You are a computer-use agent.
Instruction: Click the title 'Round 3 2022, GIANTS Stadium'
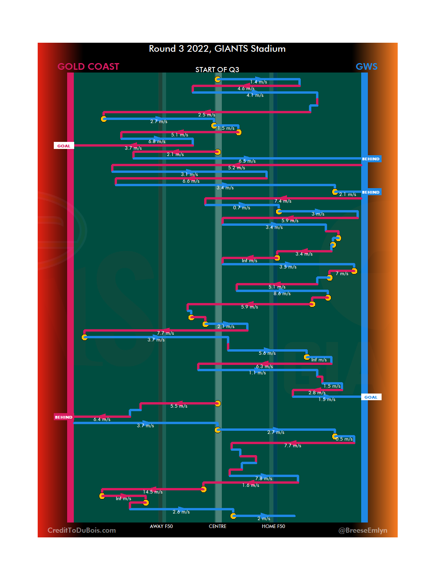tap(217, 49)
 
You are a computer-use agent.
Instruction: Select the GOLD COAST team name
tap(88, 67)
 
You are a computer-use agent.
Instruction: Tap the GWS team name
tap(366, 67)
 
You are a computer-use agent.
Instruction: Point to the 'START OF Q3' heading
tap(217, 70)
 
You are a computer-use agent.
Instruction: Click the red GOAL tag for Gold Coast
tap(64, 146)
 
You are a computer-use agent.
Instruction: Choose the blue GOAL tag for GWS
tap(371, 397)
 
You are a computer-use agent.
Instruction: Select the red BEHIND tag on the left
tap(64, 417)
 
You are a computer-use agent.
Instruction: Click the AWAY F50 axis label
tap(161, 526)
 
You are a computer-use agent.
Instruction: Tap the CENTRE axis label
tap(217, 526)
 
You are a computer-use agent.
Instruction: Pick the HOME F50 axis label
tap(273, 526)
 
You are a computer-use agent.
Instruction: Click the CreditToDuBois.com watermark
tap(82, 530)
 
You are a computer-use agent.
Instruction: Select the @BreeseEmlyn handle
tap(363, 530)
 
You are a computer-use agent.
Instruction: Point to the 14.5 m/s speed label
tap(153, 492)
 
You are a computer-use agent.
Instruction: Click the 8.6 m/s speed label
tap(282, 294)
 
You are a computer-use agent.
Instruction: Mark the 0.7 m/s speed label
tap(241, 208)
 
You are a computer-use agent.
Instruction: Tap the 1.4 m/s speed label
tap(258, 82)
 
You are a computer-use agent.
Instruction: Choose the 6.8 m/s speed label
tap(157, 142)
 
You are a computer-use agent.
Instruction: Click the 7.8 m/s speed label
tap(263, 479)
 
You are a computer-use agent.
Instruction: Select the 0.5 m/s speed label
tap(344, 439)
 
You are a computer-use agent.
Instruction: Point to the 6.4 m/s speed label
tap(102, 419)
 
